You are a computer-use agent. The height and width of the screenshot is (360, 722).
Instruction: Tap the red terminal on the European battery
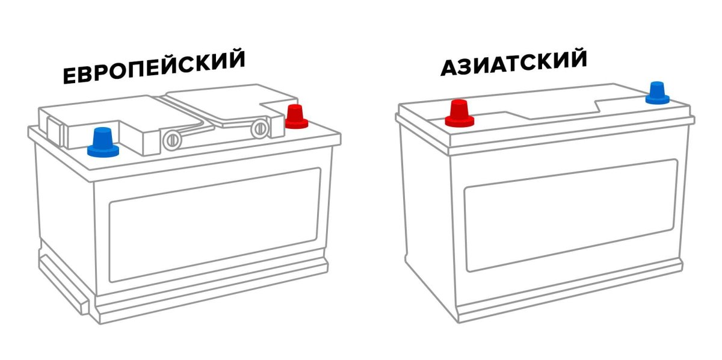295,117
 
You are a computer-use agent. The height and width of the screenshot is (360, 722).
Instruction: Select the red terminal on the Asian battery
460,113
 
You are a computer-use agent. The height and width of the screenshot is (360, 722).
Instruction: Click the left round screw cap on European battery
172,140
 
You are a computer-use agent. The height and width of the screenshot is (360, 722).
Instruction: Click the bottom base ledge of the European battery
211,301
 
